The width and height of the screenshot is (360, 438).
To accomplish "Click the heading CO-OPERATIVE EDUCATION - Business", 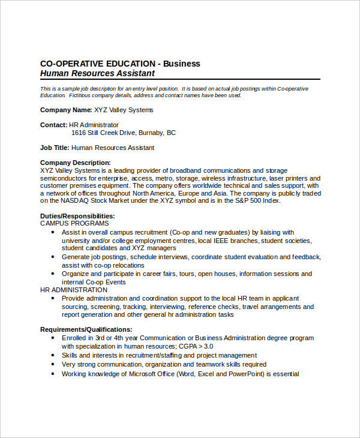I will [120, 63].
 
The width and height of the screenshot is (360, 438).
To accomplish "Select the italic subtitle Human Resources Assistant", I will [97, 73].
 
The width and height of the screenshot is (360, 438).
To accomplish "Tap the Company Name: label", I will [66, 110].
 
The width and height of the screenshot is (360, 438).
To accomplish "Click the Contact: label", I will [53, 125].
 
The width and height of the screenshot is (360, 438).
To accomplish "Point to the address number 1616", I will [79, 133].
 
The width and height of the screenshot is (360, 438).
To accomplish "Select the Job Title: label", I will [55, 148].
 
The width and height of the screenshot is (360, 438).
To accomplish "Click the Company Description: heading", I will [75, 163].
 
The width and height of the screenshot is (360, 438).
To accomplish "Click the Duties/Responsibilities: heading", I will [77, 216].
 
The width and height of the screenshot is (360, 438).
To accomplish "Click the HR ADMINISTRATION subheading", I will [74, 290].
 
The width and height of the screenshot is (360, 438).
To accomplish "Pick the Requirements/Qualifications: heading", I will [86, 329].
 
